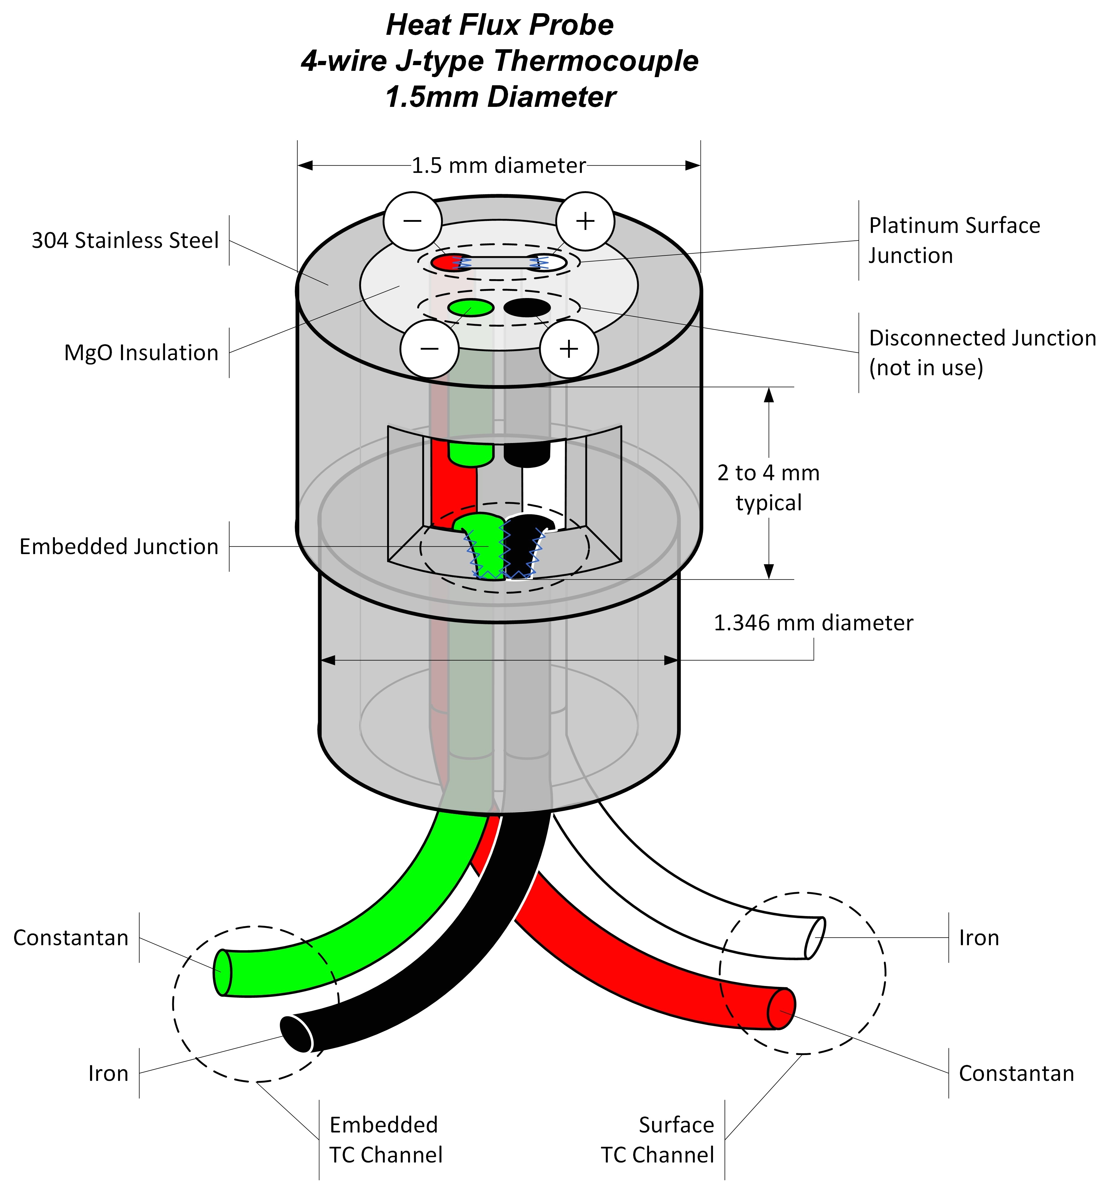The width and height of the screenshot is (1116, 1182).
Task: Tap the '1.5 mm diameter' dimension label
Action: pos(498,165)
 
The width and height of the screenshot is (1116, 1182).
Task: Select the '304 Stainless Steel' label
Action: pos(125,240)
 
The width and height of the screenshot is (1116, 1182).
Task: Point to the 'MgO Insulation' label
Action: pos(141,353)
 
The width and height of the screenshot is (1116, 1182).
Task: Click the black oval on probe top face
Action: pos(527,308)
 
